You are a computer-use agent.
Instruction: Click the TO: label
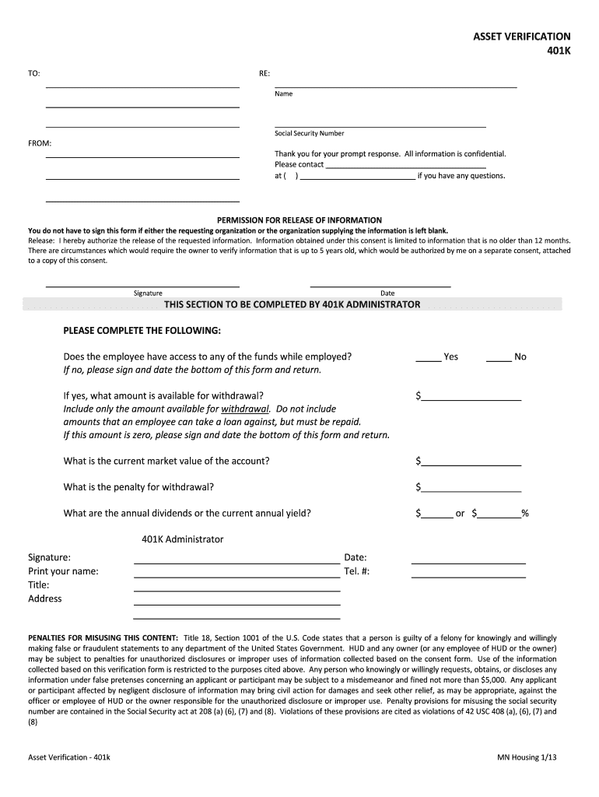point(34,74)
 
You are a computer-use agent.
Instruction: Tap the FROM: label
point(40,143)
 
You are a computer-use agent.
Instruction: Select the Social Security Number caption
point(309,133)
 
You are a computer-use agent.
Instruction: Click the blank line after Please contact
point(405,165)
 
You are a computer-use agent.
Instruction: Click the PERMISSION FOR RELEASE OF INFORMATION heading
point(299,220)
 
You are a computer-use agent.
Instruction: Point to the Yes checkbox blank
point(428,358)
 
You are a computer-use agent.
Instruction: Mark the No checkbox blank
point(499,358)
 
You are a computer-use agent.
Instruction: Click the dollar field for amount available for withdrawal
point(471,397)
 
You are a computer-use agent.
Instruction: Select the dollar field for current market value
point(471,462)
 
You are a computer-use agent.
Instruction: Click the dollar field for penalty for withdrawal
point(471,489)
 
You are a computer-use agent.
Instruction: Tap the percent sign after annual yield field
point(525,513)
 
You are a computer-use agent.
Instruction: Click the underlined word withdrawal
point(245,409)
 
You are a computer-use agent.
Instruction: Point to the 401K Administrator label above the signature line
point(182,539)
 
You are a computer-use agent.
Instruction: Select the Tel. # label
point(356,571)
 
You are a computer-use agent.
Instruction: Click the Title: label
point(39,585)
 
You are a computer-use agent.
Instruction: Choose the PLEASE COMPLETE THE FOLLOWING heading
point(142,331)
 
